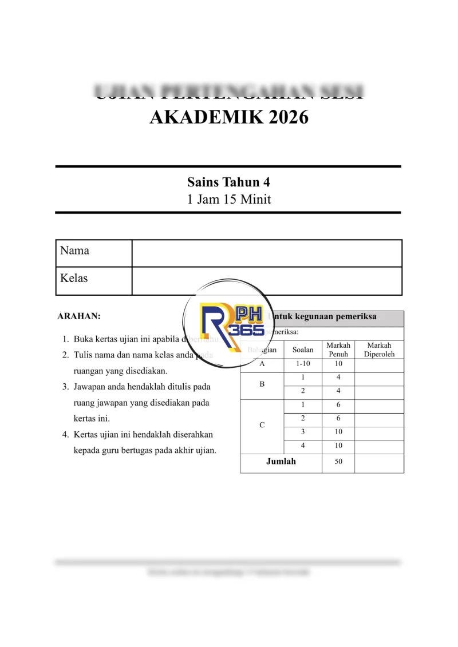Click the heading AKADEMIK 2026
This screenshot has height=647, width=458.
(x=228, y=117)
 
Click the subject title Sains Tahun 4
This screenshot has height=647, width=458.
(x=228, y=182)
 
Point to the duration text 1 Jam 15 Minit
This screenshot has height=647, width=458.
(x=228, y=200)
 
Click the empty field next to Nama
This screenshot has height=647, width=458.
(x=267, y=253)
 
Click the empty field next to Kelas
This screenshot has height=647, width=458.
(x=267, y=280)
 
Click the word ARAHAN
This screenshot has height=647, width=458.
(x=79, y=316)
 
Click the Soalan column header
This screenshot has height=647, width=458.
(x=303, y=350)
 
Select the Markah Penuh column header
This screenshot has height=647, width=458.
(x=338, y=350)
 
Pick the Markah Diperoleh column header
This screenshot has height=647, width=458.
(x=379, y=350)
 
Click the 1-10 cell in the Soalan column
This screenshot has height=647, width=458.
(x=303, y=364)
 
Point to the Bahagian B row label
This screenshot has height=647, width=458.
(x=262, y=384)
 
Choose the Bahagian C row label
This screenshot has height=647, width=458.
(x=262, y=425)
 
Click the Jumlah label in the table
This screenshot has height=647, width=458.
(x=281, y=462)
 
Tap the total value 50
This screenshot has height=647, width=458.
(x=338, y=462)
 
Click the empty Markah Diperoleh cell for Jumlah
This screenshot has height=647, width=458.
(x=379, y=462)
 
